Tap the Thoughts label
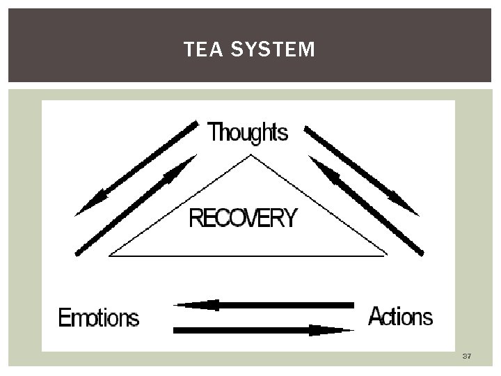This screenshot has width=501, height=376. (248, 132)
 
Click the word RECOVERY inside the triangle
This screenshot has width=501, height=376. (243, 219)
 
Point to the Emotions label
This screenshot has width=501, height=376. (99, 318)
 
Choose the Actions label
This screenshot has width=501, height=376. (400, 317)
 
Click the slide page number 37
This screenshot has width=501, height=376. (466, 357)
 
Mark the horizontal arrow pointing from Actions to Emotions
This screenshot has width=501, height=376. (264, 305)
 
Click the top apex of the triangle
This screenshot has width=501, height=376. (249, 156)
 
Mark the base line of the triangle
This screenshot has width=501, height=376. (248, 255)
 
